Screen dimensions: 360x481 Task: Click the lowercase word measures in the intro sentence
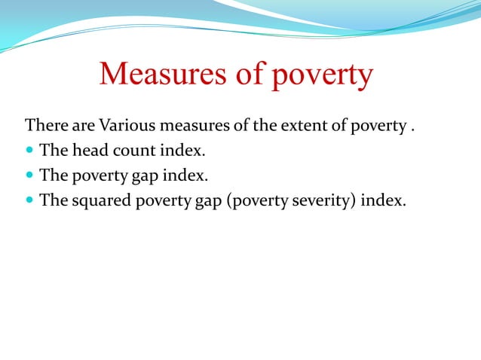(190, 125)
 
